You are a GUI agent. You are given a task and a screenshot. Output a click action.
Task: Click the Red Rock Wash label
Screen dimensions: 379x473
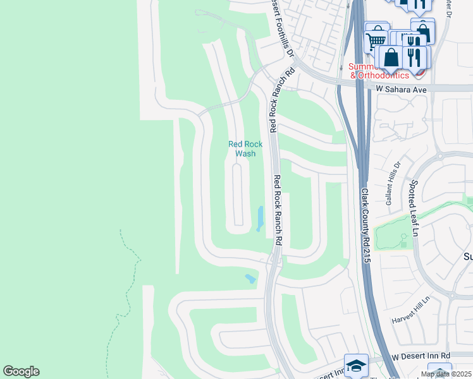[245, 148]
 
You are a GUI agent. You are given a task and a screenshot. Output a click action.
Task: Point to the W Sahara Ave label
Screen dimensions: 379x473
[402, 90]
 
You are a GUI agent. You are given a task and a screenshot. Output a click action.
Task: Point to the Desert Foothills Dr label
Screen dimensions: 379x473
[282, 28]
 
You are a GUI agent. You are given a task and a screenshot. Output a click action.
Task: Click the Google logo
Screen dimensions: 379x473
[21, 371]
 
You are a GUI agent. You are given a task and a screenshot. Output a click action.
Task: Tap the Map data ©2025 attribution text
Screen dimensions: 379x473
[446, 374]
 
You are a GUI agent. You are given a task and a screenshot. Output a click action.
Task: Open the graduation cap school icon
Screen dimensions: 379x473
[356, 365]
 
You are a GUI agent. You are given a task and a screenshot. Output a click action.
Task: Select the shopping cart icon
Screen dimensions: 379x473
[376, 39]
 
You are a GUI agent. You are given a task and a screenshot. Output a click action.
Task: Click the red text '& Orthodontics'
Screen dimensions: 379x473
[379, 75]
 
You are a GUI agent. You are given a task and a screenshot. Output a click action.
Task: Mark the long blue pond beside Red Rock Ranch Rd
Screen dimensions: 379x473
[260, 219]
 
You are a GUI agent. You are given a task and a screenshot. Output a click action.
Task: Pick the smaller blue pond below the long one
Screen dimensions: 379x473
[250, 278]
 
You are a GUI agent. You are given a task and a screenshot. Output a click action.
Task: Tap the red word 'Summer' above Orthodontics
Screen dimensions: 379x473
[361, 66]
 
